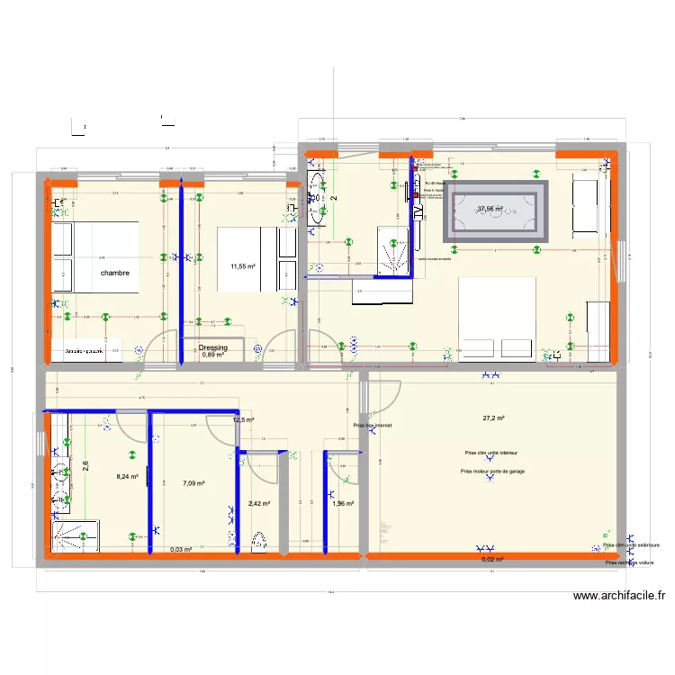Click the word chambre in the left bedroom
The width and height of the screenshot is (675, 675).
coord(114,273)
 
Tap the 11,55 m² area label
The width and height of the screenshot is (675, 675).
coord(243,266)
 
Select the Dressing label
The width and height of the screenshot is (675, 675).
coord(213,347)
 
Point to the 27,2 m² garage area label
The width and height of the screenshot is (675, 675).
coord(493,418)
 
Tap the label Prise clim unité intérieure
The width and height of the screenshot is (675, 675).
coord(490,454)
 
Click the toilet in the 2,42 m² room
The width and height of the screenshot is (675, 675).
coord(260,541)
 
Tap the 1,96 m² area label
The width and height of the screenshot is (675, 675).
coord(343,504)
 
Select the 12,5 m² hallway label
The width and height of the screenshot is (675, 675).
coord(244,420)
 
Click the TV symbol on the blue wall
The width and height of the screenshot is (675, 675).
coord(418,210)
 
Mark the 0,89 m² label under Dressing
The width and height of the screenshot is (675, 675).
coord(213,355)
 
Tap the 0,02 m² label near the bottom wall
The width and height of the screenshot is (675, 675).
coord(492,559)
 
